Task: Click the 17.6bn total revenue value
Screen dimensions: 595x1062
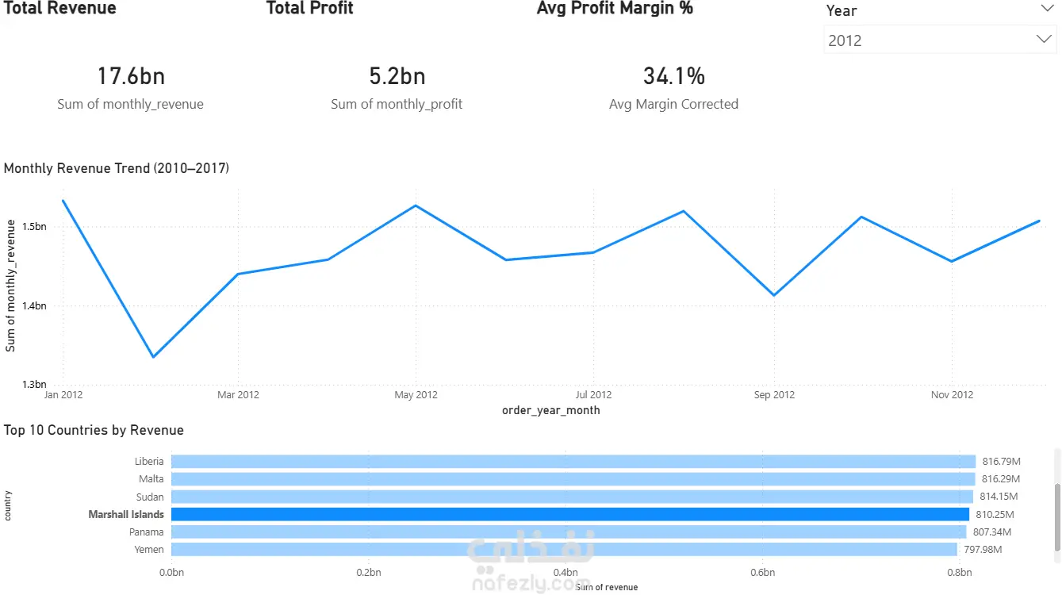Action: point(131,76)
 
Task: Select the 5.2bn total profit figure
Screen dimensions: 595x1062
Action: point(397,76)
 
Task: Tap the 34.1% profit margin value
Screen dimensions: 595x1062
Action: point(673,76)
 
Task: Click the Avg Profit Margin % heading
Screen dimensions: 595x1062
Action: point(615,9)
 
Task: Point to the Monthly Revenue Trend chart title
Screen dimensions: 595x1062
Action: point(117,168)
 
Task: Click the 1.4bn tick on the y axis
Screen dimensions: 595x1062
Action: point(34,306)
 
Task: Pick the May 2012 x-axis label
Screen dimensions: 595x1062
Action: point(416,395)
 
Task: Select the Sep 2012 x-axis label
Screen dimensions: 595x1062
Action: point(774,395)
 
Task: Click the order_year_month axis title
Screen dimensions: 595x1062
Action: point(550,410)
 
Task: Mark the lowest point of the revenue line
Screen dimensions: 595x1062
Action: point(153,357)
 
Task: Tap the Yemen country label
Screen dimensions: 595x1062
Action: point(149,550)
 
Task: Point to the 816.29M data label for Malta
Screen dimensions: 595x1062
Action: point(1000,479)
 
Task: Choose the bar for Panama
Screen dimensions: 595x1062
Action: point(568,532)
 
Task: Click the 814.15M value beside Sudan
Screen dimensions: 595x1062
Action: point(999,497)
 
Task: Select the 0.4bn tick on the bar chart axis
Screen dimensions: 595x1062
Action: point(566,572)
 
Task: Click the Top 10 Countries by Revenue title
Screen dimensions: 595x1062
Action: point(94,430)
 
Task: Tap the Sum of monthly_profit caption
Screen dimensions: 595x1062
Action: point(397,104)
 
